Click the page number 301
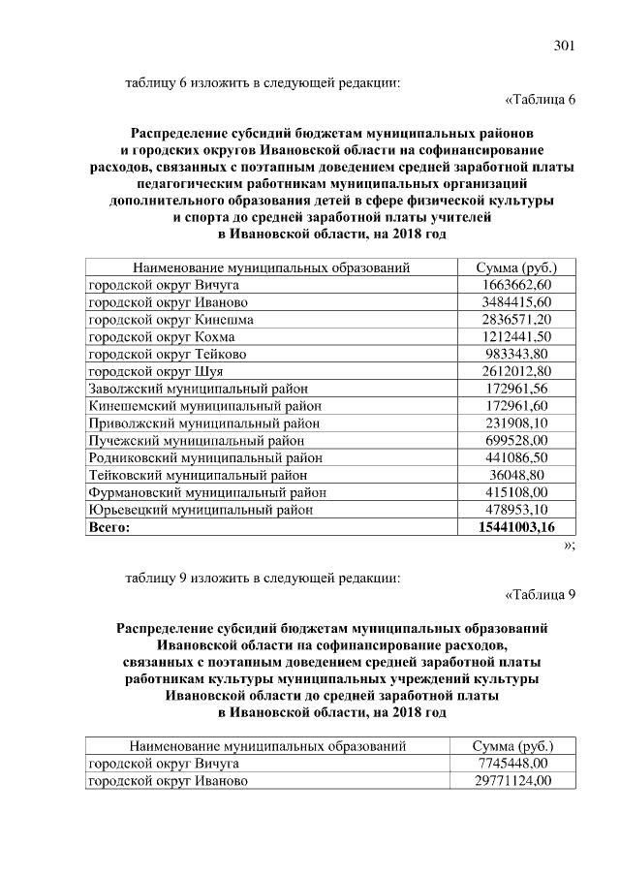coord(564,46)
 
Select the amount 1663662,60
coord(515,285)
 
